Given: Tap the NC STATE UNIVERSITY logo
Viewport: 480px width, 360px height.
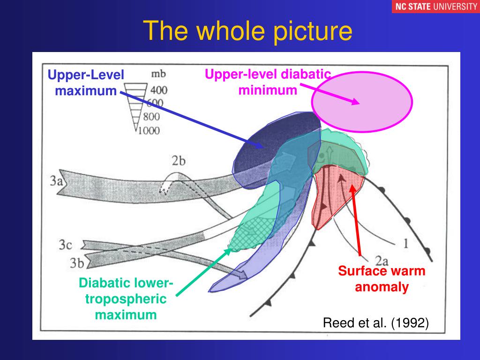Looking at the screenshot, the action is (x=435, y=7).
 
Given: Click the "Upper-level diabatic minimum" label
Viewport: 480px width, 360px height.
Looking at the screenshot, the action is (x=268, y=82).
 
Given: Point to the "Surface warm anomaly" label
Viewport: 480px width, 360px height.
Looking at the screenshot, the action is (x=382, y=279).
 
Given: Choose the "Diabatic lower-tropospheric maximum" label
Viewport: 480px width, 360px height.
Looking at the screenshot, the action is (x=126, y=299).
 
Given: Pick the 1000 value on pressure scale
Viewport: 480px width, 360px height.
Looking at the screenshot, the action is (x=149, y=131).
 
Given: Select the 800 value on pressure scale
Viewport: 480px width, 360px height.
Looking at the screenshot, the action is (x=152, y=117).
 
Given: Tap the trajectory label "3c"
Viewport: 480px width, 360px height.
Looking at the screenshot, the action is (x=65, y=244).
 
